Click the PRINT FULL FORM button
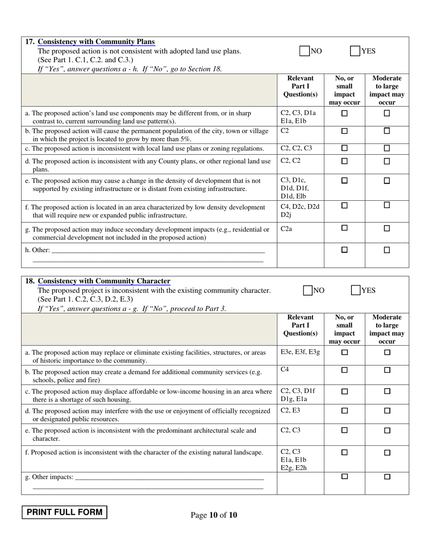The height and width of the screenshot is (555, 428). tap(64, 512)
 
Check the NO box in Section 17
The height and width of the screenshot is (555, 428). tap(305, 51)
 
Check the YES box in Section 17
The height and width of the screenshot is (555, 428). tap(355, 51)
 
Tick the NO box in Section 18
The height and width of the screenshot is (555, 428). tap(308, 290)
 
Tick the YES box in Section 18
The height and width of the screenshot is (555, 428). tap(356, 290)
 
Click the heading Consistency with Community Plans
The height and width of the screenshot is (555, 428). tap(96, 42)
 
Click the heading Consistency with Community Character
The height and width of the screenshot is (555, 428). tap(104, 281)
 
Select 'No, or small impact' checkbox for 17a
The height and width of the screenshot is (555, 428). tap(344, 114)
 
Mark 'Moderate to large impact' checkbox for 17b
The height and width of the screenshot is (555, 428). tap(387, 131)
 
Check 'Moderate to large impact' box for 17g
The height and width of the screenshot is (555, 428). tap(387, 228)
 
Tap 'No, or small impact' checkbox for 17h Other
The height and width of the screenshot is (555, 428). tap(344, 250)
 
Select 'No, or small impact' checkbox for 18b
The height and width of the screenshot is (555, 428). tap(344, 370)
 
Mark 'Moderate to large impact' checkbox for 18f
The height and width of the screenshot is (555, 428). tap(387, 453)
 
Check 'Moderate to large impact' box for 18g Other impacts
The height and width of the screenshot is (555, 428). tap(387, 476)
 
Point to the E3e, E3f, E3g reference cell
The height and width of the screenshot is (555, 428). tap(300, 352)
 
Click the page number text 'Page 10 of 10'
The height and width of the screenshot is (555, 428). tap(214, 515)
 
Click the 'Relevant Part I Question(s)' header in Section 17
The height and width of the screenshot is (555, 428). tap(300, 86)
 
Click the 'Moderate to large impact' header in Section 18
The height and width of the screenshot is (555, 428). tap(387, 329)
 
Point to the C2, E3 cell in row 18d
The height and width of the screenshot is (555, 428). tap(290, 410)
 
